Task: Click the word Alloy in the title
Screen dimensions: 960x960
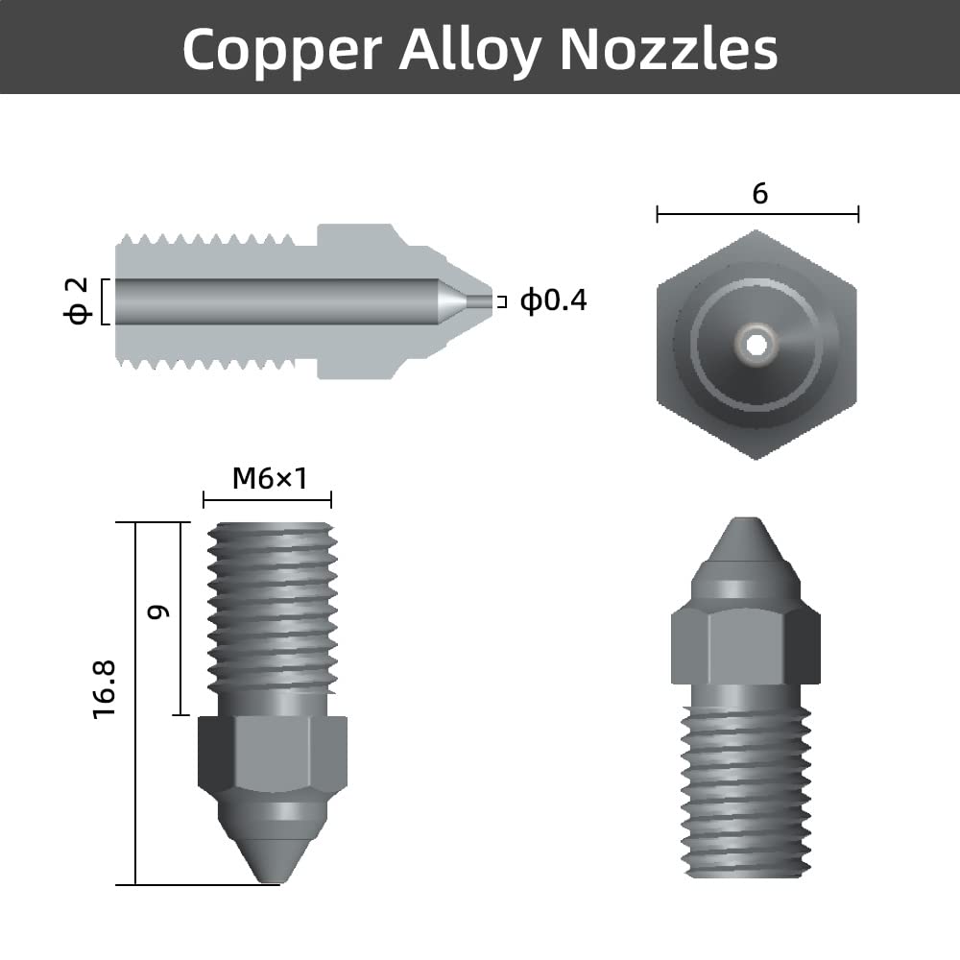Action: [469, 48]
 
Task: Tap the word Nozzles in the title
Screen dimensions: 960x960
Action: [668, 48]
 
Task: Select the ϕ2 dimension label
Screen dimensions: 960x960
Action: [77, 301]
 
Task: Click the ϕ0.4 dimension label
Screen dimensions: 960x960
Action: [553, 301]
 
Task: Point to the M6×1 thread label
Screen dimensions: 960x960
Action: [269, 478]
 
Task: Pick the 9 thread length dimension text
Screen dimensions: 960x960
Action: [158, 611]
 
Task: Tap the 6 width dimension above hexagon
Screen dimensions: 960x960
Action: [759, 194]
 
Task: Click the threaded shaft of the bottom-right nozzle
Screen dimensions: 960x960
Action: [746, 787]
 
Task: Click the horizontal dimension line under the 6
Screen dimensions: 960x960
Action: [757, 214]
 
